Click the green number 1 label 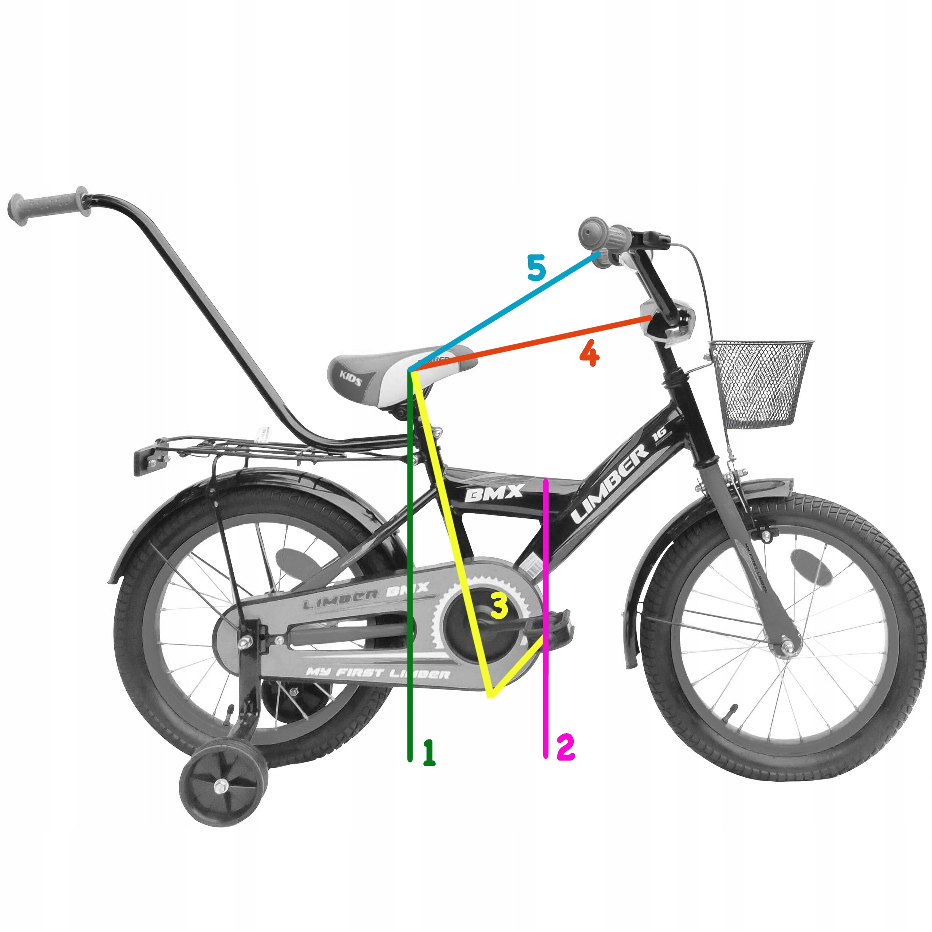point(429,753)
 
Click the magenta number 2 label point(565,747)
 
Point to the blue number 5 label point(536,268)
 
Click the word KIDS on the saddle point(351,378)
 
